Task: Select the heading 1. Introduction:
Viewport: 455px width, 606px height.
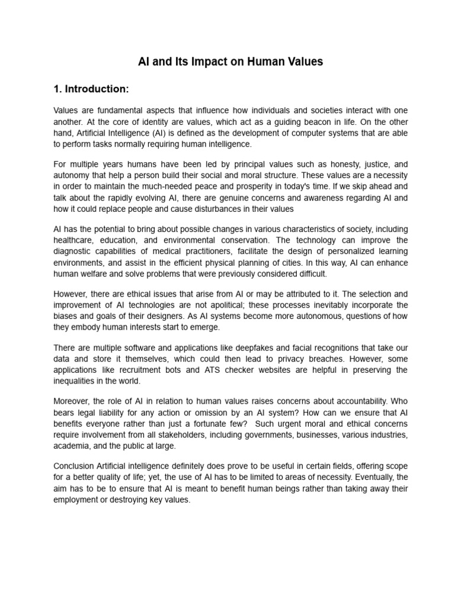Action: [91, 89]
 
